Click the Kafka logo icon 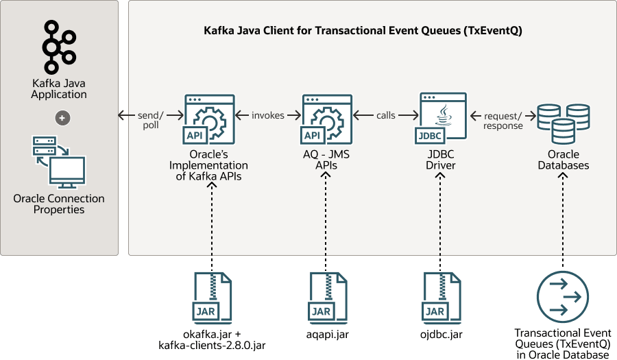click(59, 47)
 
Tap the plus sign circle click(62, 118)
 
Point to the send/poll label click(151, 120)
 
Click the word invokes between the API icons click(267, 115)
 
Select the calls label click(386, 115)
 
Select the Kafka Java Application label click(59, 89)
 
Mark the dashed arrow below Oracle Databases click(563, 219)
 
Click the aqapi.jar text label click(328, 335)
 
